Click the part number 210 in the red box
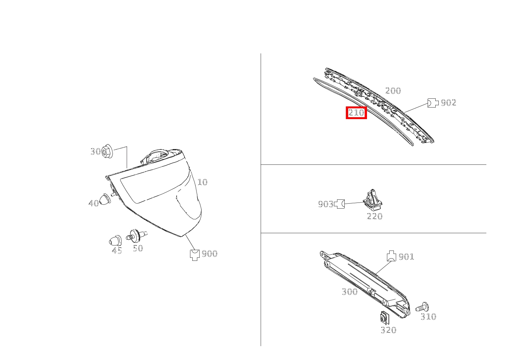click(356, 113)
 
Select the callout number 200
click(393, 91)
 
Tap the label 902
click(448, 103)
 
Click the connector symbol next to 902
click(433, 103)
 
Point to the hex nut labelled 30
click(107, 151)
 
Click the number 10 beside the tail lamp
click(202, 182)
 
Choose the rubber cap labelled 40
click(105, 199)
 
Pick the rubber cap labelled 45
click(115, 241)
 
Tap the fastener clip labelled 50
click(136, 236)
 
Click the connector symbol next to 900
click(195, 255)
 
